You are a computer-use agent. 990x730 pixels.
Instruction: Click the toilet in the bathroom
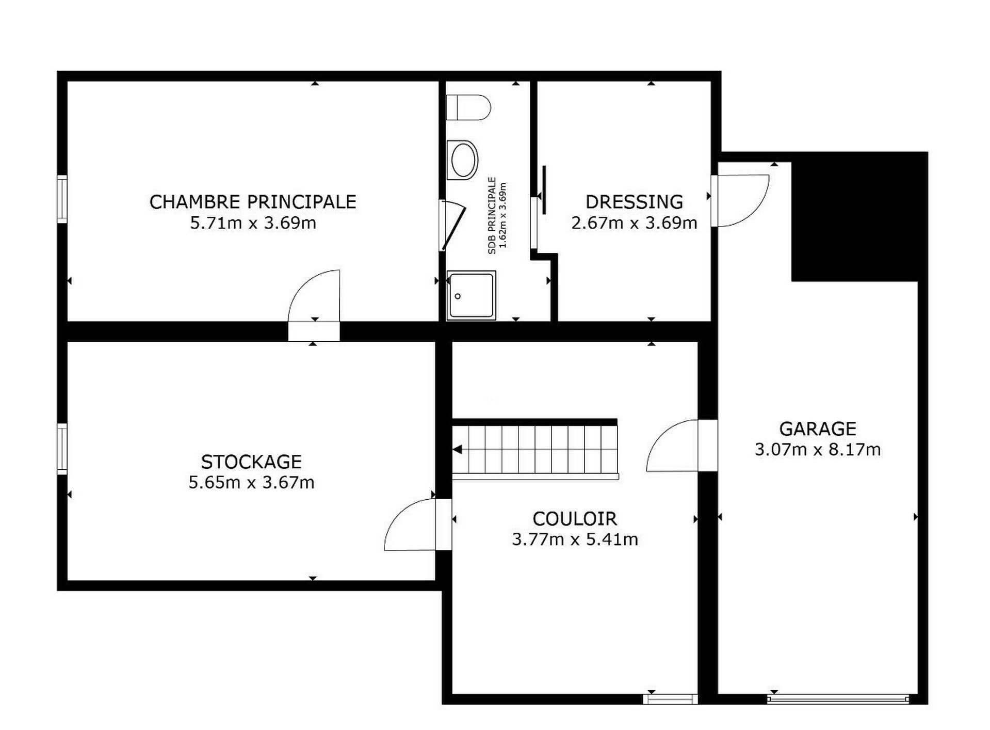pyautogui.click(x=468, y=107)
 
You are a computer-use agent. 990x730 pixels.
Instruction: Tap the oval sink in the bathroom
pyautogui.click(x=464, y=160)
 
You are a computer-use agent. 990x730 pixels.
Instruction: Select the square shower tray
pyautogui.click(x=471, y=295)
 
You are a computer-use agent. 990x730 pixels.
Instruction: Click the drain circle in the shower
pyautogui.click(x=458, y=296)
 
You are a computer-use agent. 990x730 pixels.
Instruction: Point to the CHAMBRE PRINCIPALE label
pyautogui.click(x=253, y=202)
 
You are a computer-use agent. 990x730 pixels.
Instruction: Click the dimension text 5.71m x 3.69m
pyautogui.click(x=253, y=223)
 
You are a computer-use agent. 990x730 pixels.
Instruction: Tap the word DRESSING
pyautogui.click(x=634, y=202)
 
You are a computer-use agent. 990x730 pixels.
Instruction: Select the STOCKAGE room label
pyautogui.click(x=251, y=462)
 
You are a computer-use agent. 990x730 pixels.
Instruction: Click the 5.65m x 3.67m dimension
pyautogui.click(x=251, y=482)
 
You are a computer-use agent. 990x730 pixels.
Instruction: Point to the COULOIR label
pyautogui.click(x=575, y=518)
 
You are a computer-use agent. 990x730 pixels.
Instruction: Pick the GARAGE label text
pyautogui.click(x=818, y=429)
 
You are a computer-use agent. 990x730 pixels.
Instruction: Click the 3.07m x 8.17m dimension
pyautogui.click(x=818, y=450)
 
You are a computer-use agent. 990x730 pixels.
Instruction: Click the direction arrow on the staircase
pyautogui.click(x=457, y=450)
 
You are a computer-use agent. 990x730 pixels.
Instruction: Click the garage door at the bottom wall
pyautogui.click(x=838, y=699)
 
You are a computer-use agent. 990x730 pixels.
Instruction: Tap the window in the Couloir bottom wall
pyautogui.click(x=670, y=699)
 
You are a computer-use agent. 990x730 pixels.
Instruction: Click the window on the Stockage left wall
pyautogui.click(x=62, y=449)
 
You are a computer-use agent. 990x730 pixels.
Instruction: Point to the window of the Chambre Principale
pyautogui.click(x=62, y=199)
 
